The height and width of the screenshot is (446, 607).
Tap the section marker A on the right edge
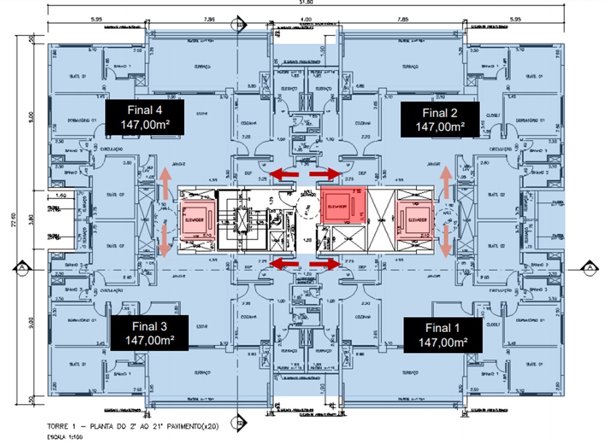point(588,268)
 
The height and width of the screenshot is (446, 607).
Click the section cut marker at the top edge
point(236,26)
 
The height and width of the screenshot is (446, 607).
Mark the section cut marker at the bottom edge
point(236,422)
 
